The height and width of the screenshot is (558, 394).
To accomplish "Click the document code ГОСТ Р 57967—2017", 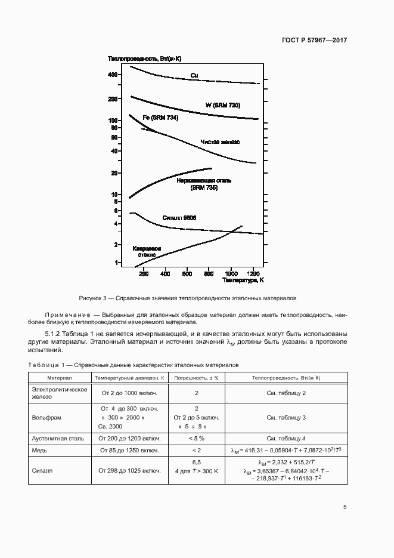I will (x=314, y=41).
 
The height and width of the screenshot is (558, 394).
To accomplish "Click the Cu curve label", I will (x=194, y=75).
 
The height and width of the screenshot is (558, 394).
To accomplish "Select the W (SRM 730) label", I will (x=223, y=105).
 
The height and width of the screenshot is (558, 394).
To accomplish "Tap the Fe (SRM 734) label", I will (x=160, y=118).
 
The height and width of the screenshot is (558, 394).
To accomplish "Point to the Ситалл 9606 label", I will (x=179, y=218).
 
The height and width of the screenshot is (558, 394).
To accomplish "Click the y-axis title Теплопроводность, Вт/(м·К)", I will (x=144, y=58).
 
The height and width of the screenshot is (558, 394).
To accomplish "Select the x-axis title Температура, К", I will (x=244, y=279).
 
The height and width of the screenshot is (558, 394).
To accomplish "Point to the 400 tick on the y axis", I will (x=114, y=75).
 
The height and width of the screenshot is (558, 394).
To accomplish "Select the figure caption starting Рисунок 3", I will (x=188, y=298).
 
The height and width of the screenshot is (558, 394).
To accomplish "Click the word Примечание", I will (x=64, y=314).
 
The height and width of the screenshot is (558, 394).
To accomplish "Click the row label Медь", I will (x=41, y=450).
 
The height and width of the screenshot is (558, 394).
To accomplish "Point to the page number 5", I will (x=345, y=507).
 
